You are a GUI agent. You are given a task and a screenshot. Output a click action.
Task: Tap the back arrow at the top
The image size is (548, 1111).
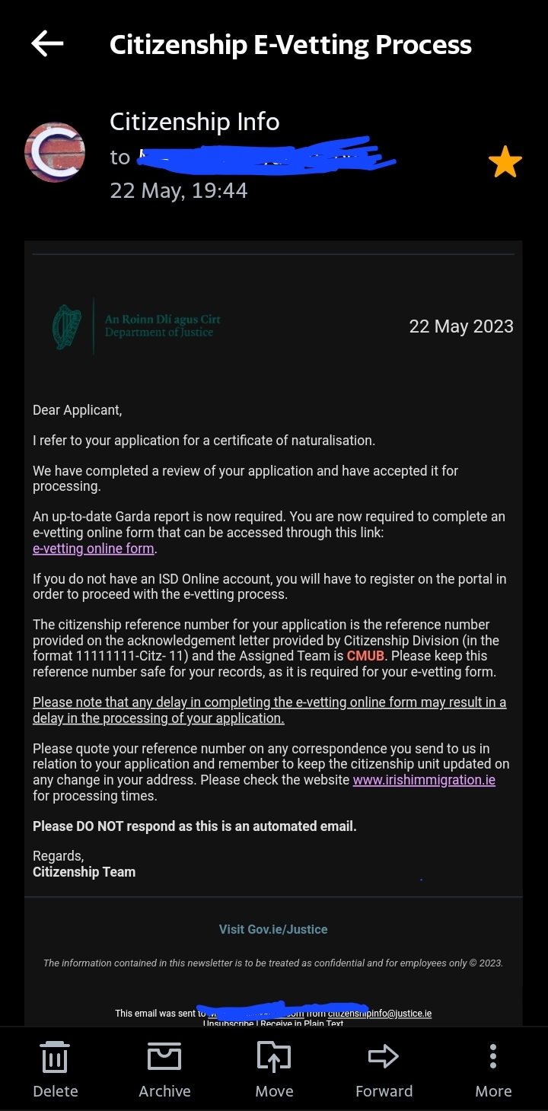[x=47, y=44]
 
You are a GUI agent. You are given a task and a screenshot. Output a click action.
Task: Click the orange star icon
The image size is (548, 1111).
[x=505, y=163]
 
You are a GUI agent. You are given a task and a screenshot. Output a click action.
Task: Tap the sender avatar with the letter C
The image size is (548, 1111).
[x=55, y=152]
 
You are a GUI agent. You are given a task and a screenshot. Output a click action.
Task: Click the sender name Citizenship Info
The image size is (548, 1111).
[x=194, y=122]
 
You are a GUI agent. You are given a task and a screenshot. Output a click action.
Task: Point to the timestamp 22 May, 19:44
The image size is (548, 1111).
[x=179, y=189]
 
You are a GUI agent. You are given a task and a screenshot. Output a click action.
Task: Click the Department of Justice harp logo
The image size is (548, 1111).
[x=67, y=326]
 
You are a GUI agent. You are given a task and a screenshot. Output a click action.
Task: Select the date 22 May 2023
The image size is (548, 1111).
[x=461, y=326]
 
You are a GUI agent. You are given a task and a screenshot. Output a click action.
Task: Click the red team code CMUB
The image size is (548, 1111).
[x=365, y=656]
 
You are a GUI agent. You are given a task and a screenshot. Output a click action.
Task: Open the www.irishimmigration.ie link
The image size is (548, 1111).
[x=424, y=781]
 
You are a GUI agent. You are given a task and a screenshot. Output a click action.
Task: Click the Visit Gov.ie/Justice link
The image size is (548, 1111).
[x=273, y=929]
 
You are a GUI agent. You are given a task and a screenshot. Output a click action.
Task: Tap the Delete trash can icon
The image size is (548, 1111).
[x=55, y=1057]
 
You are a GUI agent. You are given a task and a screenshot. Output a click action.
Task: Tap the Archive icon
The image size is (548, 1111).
[x=164, y=1057]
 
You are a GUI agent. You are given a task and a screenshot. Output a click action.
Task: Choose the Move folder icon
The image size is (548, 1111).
[x=274, y=1057]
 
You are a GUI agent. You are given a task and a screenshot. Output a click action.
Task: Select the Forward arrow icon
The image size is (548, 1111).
[x=384, y=1056]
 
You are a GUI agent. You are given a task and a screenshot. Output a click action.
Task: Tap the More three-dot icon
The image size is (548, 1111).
[x=493, y=1056]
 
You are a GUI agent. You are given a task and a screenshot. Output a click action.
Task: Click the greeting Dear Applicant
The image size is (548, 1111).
[x=77, y=410]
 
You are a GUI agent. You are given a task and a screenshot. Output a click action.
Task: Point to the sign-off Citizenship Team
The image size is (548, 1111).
[x=84, y=872]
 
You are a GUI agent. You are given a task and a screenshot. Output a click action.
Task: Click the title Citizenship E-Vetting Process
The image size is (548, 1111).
[x=290, y=45]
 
